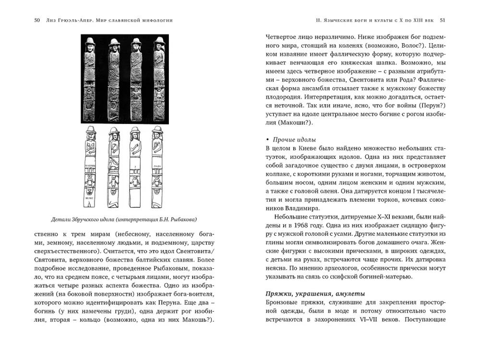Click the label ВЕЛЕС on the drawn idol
90,198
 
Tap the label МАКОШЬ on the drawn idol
90,165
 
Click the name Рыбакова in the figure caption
182,219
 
